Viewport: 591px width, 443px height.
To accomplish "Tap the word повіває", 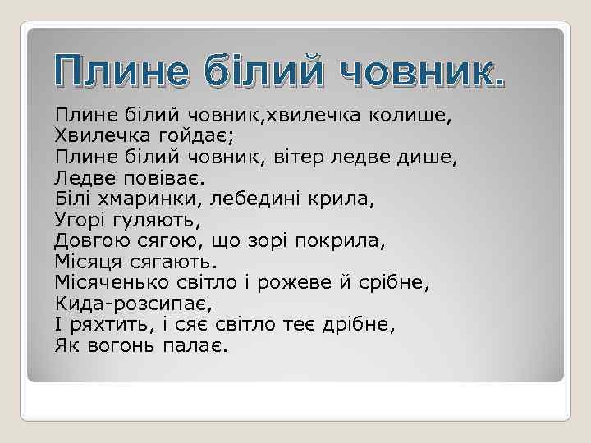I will [166, 176].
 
